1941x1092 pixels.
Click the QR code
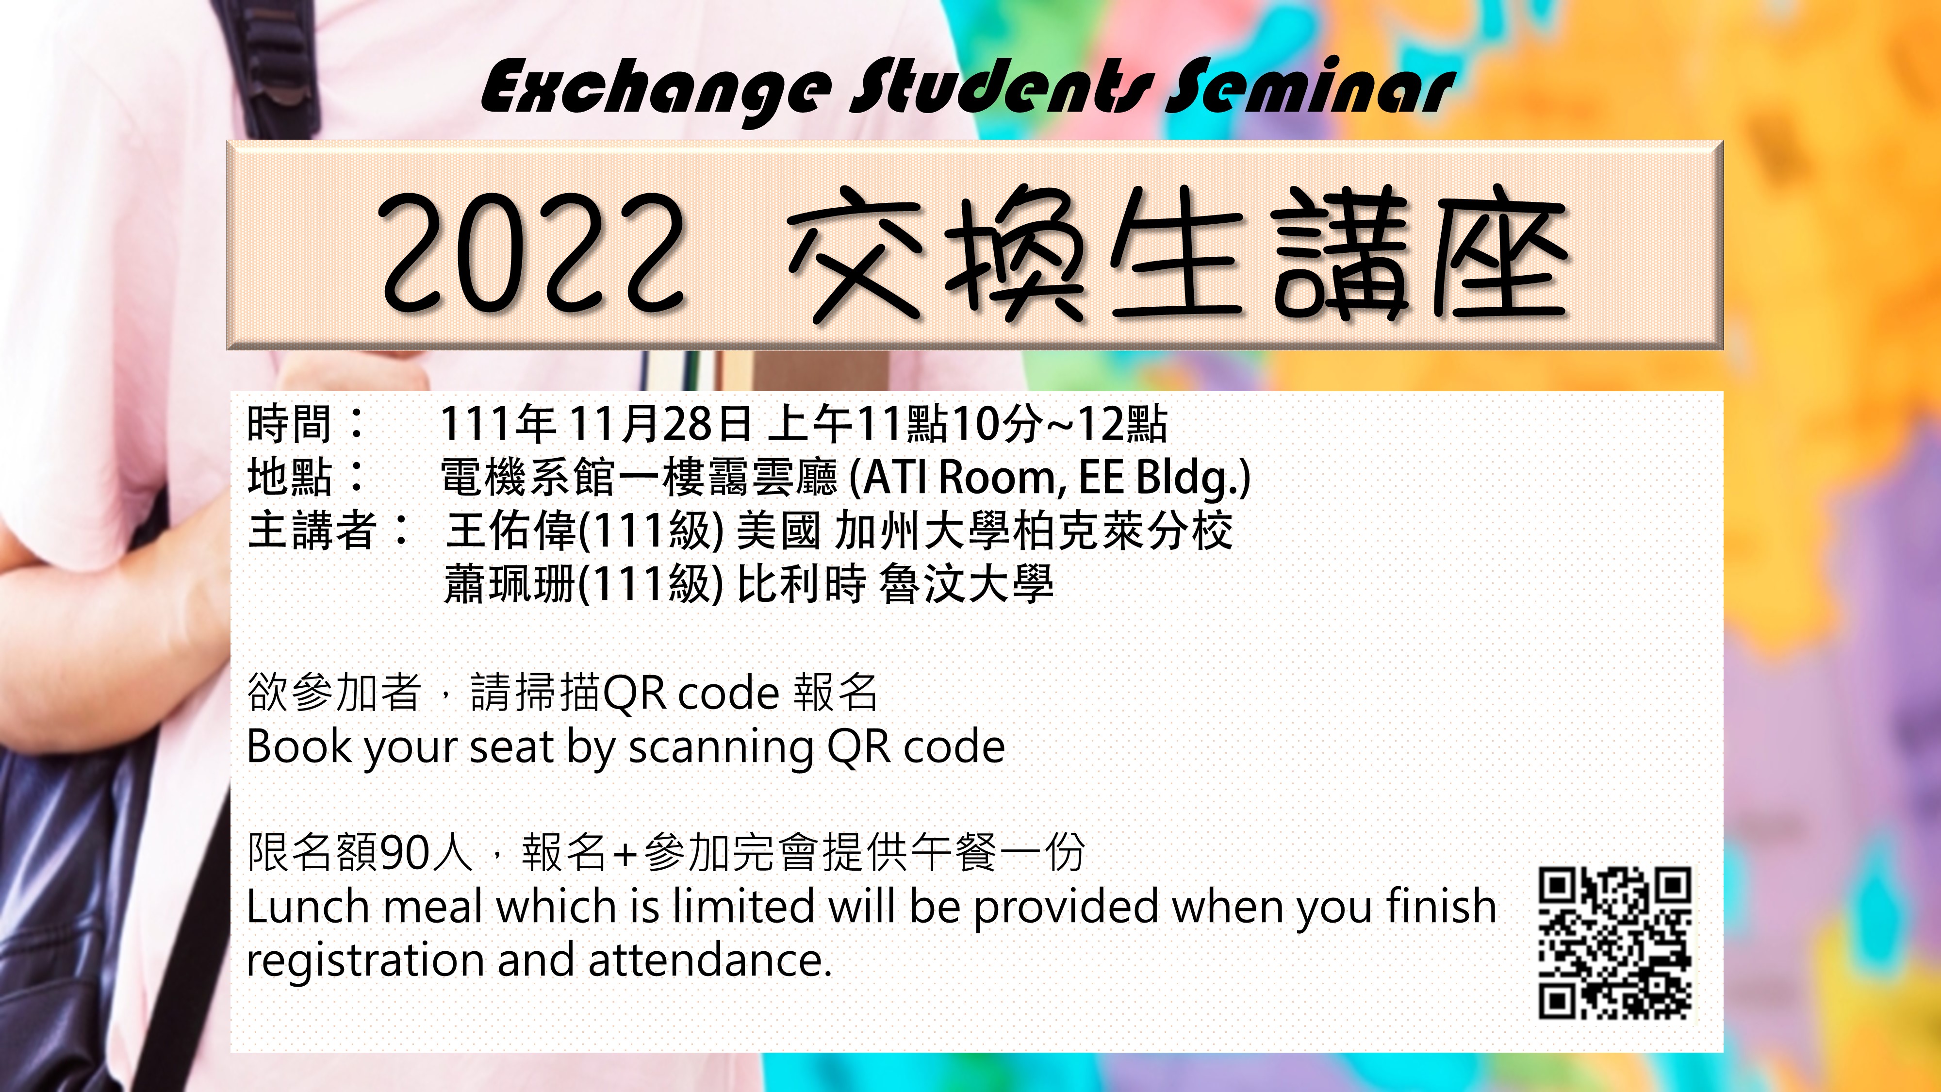1615,942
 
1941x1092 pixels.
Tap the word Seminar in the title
1307,89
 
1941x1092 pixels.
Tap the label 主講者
311,530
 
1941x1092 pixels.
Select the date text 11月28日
659,424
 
